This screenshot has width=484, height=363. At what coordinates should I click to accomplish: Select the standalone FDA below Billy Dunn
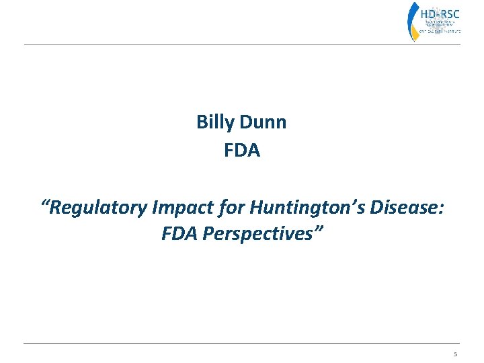(x=242, y=151)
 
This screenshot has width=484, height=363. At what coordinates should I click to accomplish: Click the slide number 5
(x=455, y=354)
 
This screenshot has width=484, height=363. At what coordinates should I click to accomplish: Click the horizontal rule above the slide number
(x=242, y=344)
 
